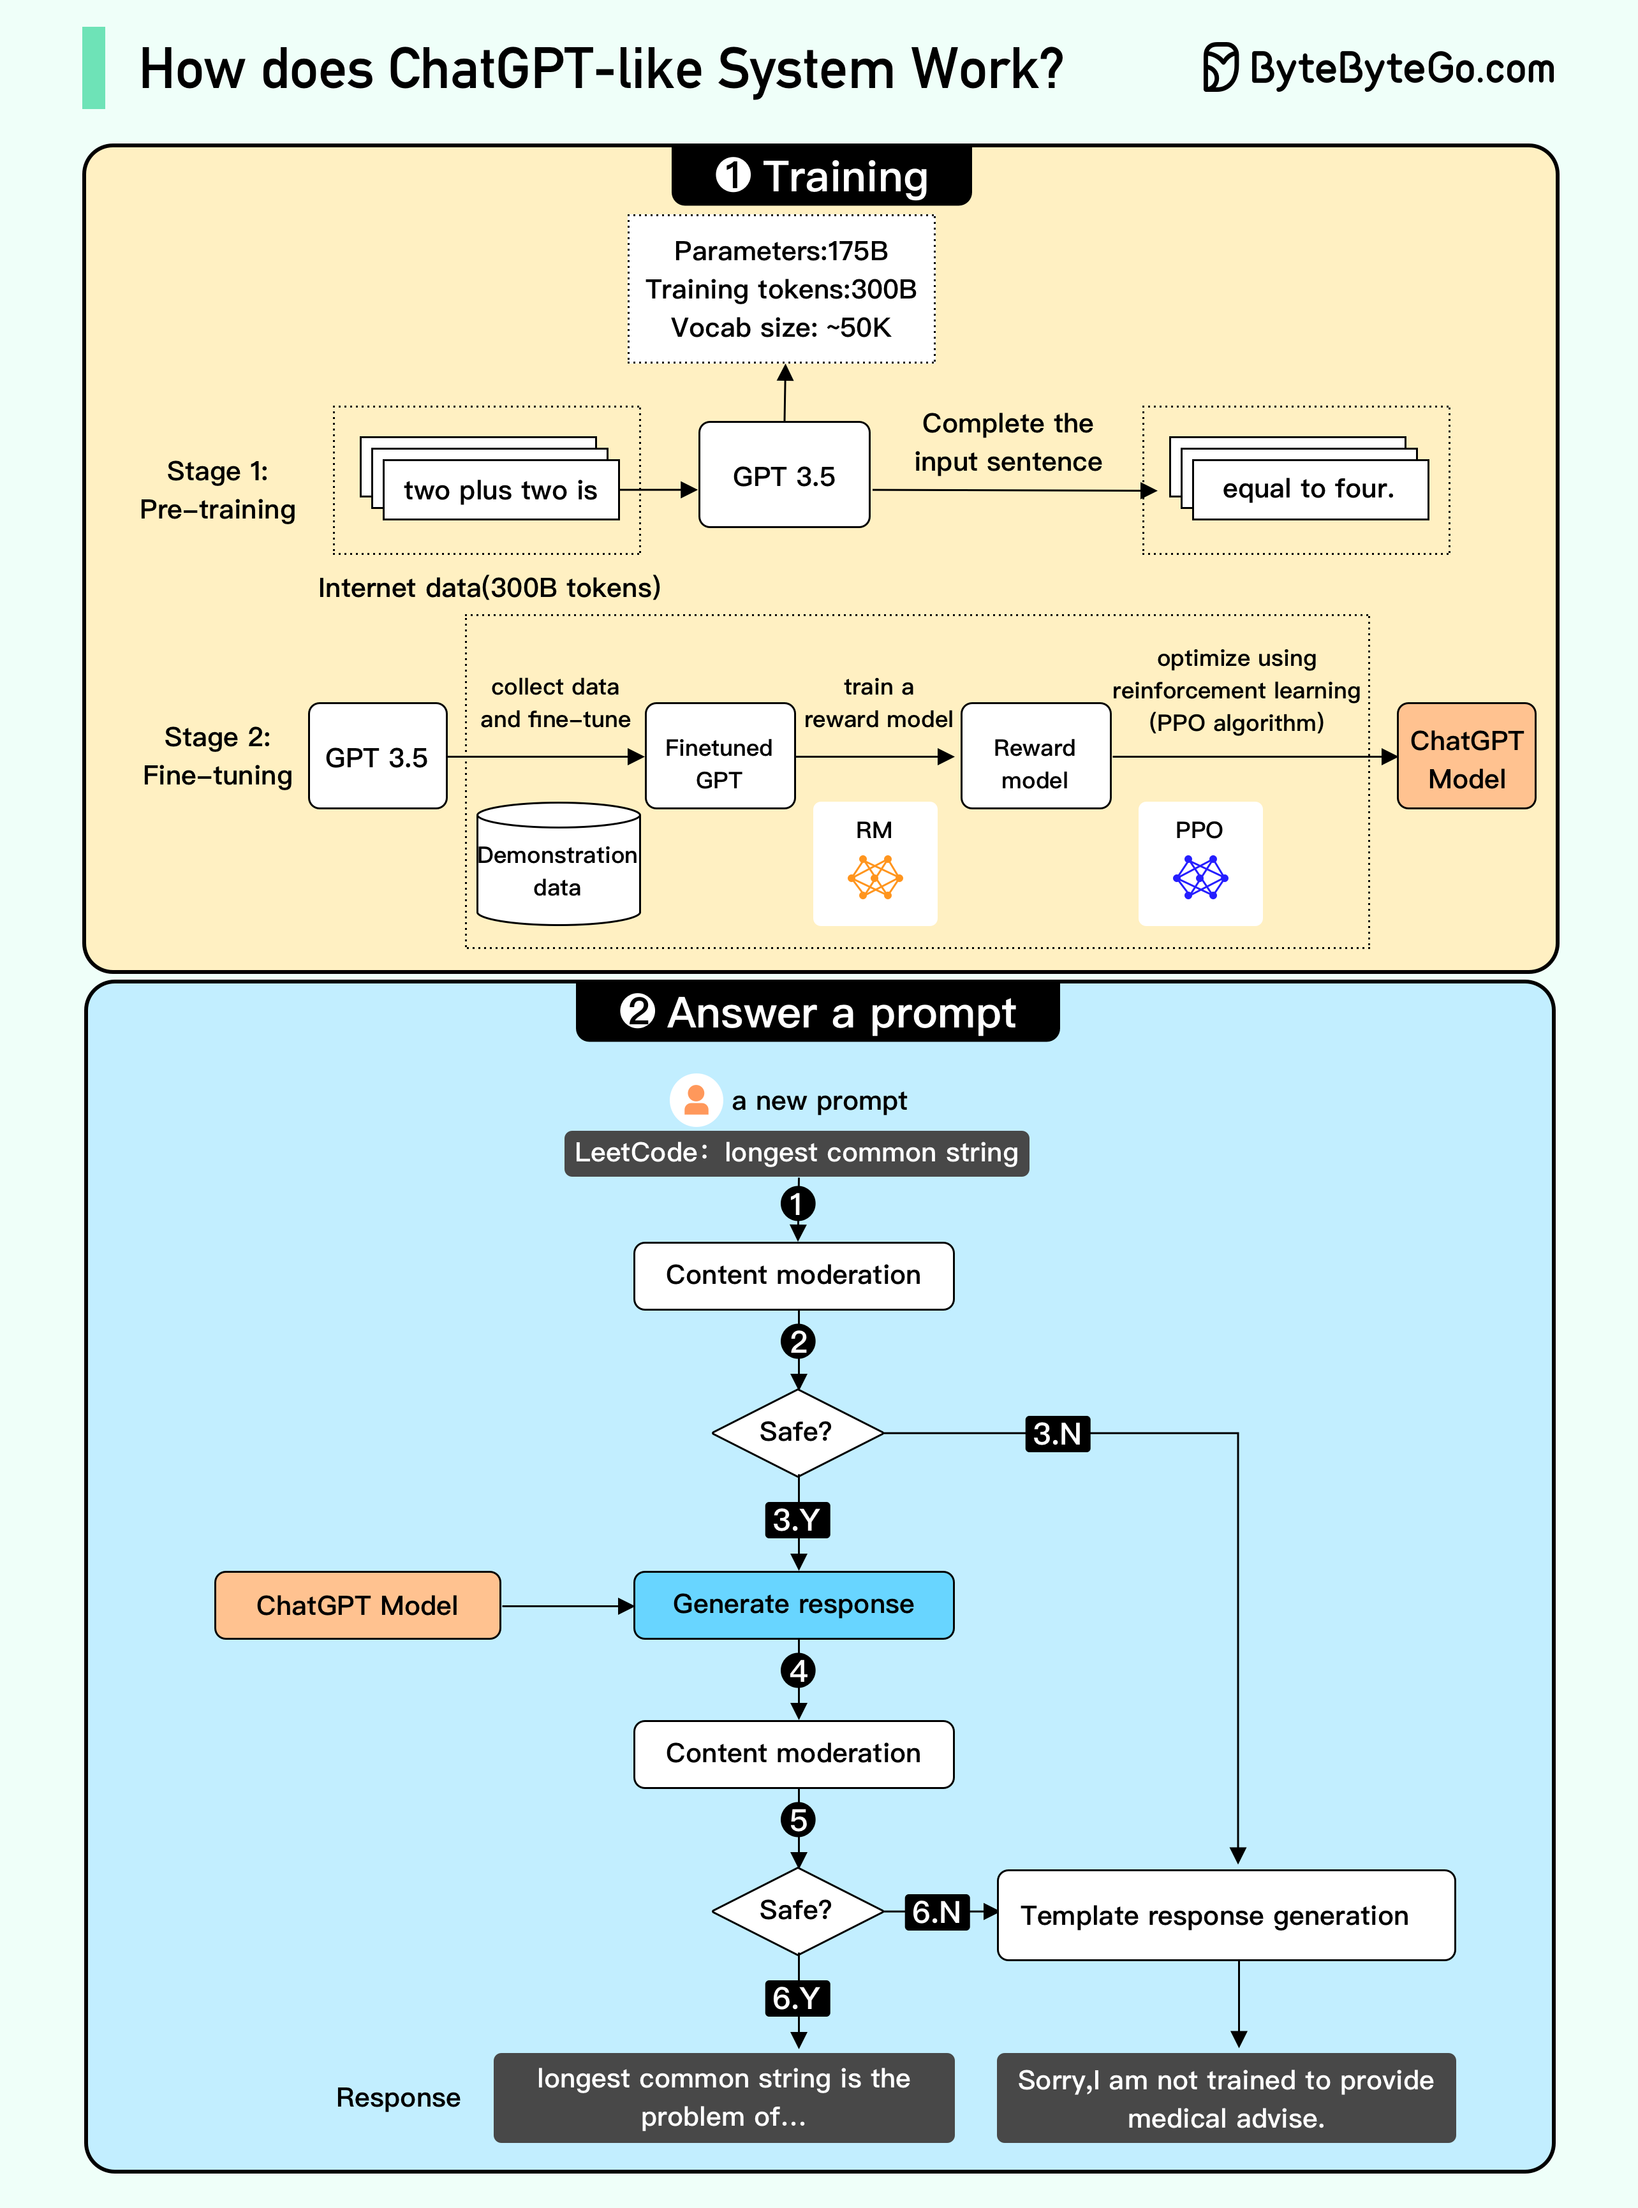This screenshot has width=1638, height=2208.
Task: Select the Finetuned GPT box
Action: pyautogui.click(x=719, y=756)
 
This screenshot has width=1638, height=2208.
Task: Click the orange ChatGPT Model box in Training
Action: pyautogui.click(x=1466, y=756)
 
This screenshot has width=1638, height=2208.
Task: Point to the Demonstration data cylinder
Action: pyautogui.click(x=557, y=865)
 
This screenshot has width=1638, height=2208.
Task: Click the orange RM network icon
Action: pyautogui.click(x=874, y=878)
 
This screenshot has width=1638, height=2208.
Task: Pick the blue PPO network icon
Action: pyautogui.click(x=1200, y=878)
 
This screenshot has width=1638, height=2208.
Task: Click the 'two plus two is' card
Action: pyautogui.click(x=501, y=490)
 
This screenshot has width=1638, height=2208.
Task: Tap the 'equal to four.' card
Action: pyautogui.click(x=1309, y=489)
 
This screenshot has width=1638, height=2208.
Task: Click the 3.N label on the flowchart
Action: pyautogui.click(x=1057, y=1434)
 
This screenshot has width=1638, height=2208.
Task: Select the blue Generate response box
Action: pyautogui.click(x=793, y=1604)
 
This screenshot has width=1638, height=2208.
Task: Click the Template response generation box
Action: pyautogui.click(x=1225, y=1915)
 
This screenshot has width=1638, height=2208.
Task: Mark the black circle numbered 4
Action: pyautogui.click(x=798, y=1670)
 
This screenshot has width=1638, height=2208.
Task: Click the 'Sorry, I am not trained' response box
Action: pyautogui.click(x=1225, y=2098)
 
